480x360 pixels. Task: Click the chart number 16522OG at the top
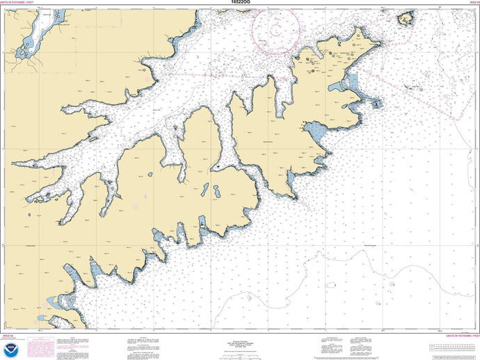pos(239,3)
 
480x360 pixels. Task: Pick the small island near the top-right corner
pos(404,19)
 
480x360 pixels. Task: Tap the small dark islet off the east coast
pos(376,104)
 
